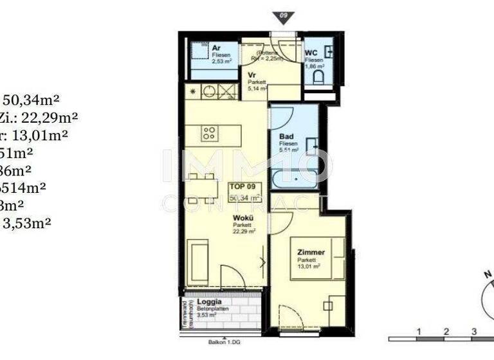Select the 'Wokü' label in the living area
(242, 218)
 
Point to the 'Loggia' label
(209, 301)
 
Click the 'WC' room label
(311, 52)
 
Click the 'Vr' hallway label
(253, 75)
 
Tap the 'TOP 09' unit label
(244, 187)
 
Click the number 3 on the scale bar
(473, 331)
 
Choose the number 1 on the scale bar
(418, 331)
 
